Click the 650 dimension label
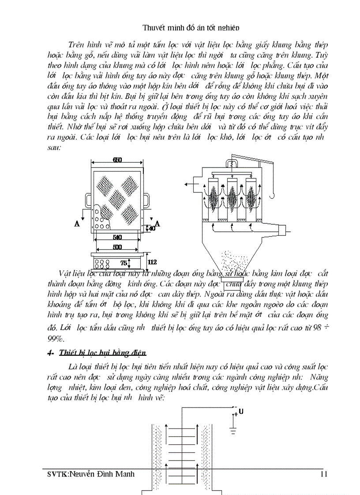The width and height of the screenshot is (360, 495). point(117,160)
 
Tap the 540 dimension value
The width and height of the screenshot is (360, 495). point(117,237)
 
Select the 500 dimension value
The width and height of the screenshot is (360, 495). point(117,247)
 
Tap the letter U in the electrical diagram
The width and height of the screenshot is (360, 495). point(240,412)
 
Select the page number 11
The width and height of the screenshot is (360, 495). point(324,475)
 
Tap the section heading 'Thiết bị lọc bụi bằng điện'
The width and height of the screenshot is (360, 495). point(102,353)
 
